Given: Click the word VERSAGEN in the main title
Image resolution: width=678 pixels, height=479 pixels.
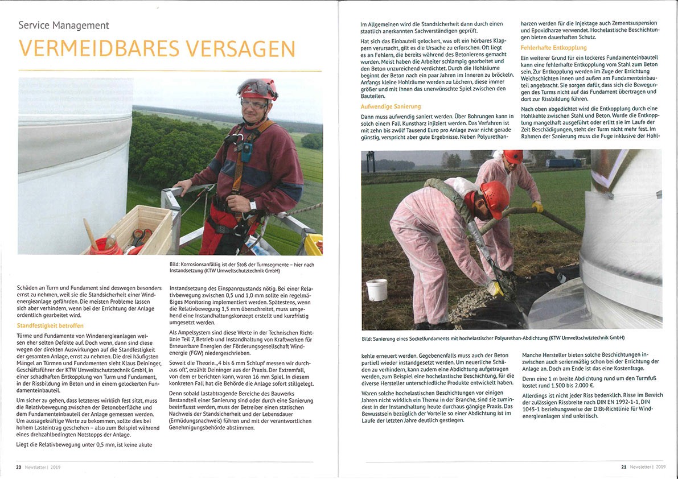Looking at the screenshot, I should point(241,49).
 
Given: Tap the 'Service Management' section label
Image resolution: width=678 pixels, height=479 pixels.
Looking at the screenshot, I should point(63,25).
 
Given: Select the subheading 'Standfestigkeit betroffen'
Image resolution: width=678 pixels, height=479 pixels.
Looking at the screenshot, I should point(51,326).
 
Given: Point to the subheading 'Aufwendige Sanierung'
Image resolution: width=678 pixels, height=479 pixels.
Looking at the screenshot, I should point(391,106).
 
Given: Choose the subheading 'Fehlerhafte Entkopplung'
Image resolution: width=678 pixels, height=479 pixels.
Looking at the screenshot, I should point(553,48).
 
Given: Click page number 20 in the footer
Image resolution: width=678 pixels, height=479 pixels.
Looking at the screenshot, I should point(19,467).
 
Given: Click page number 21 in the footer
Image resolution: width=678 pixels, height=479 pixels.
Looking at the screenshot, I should point(623,467).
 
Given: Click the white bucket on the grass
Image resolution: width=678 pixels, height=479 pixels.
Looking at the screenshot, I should point(377,290).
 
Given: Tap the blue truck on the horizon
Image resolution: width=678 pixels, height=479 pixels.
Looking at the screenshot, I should point(564,163).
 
